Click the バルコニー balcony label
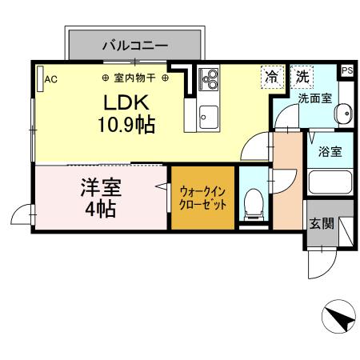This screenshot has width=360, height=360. pos(134,46)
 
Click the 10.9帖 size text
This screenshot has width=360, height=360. pos(126,125)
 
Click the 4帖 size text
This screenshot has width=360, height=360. pos(100,210)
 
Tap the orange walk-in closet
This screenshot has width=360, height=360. pos(203,198)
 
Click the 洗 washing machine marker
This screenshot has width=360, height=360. pos(302,77)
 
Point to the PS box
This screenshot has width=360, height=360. pos(346,70)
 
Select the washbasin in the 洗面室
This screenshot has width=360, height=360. pos(342,114)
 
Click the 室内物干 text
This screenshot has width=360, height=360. pos(135,78)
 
